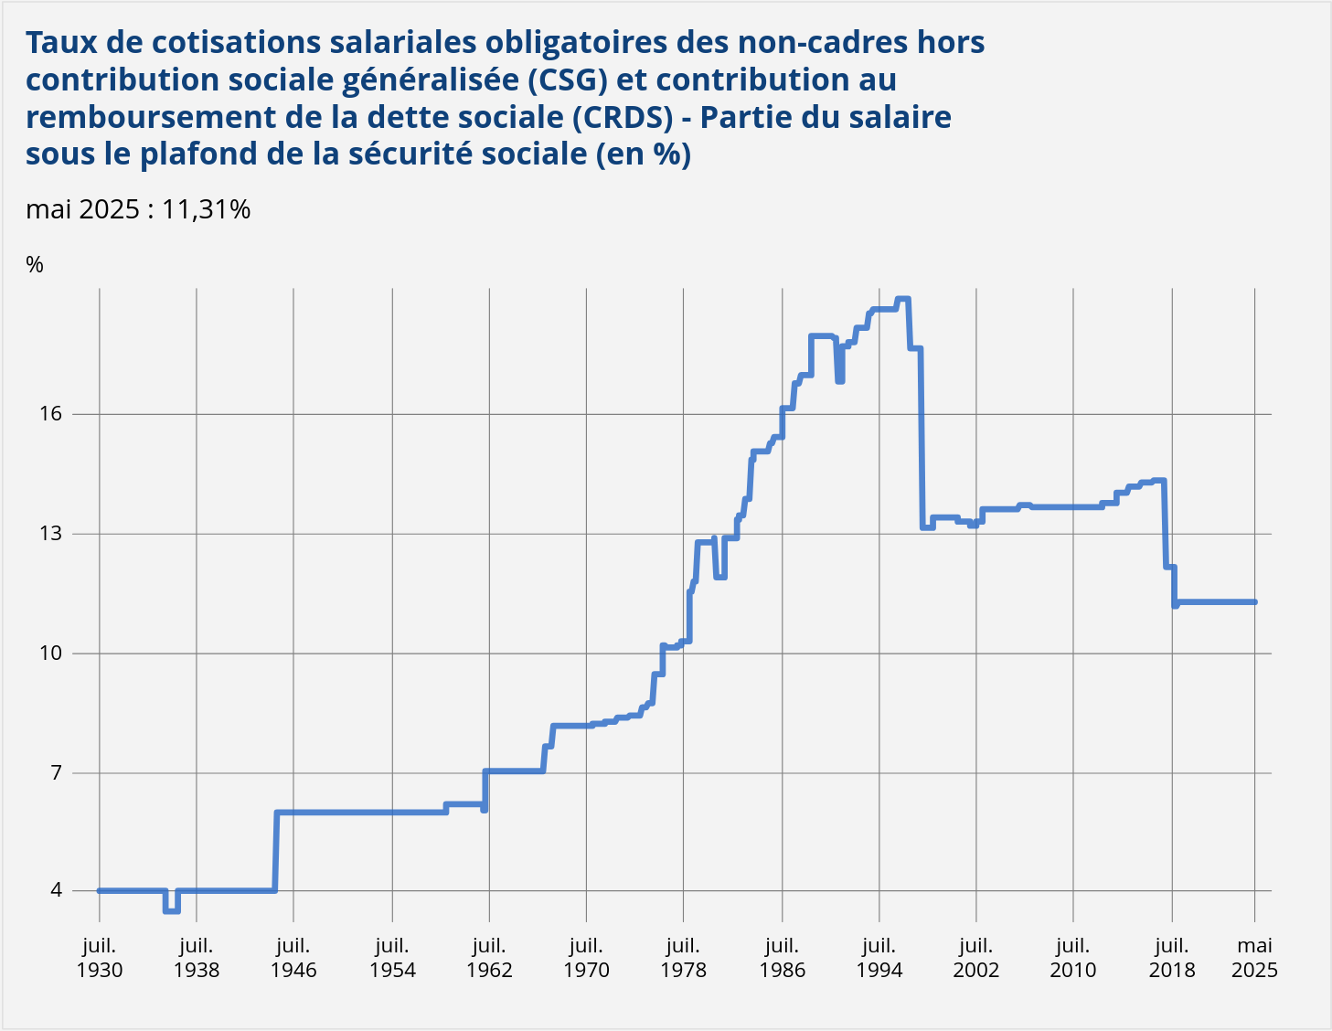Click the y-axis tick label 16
point(50,414)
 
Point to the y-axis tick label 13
point(50,534)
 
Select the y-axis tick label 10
point(50,654)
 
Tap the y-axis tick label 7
point(56,773)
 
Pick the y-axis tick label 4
point(56,890)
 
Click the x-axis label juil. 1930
point(100,958)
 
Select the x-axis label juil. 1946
point(293,958)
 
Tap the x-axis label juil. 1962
point(489,958)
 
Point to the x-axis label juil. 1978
point(683,958)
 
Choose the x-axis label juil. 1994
point(879,958)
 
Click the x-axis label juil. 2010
point(1072,958)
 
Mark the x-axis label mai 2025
point(1254,958)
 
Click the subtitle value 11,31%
point(206,210)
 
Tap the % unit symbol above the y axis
point(35,265)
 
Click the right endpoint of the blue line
point(1255,602)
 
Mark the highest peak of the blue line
point(902,300)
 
